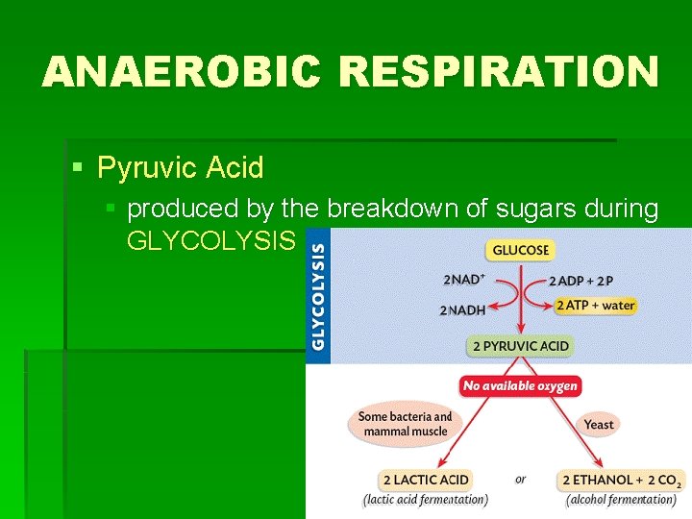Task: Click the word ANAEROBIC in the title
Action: (x=183, y=72)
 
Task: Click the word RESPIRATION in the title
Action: (x=500, y=72)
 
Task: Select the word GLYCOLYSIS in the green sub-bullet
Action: (x=209, y=240)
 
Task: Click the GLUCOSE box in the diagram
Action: (x=520, y=250)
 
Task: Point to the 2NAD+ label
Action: (x=464, y=280)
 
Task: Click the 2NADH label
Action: (x=462, y=310)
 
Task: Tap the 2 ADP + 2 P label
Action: (x=581, y=281)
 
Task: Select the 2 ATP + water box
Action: (x=595, y=306)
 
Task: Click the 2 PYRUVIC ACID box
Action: (x=520, y=346)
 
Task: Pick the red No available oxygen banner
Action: (x=520, y=386)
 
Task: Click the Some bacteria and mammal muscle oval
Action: (x=405, y=424)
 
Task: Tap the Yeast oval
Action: (x=599, y=424)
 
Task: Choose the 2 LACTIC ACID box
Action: (x=426, y=480)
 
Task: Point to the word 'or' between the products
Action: (x=520, y=480)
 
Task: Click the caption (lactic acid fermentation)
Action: (x=426, y=500)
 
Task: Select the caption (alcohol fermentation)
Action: (x=622, y=500)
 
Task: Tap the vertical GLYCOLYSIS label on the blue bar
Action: (x=317, y=295)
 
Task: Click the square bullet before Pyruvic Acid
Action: (x=79, y=168)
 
